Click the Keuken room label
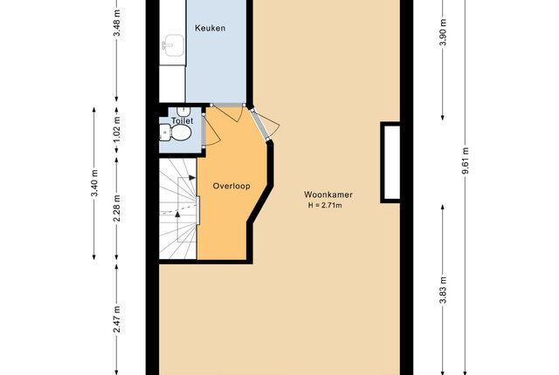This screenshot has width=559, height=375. [210, 28]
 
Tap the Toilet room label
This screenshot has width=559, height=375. [183, 120]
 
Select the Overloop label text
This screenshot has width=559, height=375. [231, 186]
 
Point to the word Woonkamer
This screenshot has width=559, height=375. [328, 194]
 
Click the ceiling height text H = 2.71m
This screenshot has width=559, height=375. [325, 205]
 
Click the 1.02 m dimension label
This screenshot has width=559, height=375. [116, 130]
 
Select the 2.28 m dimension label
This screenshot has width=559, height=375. [116, 208]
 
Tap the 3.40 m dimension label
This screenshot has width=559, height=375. [94, 183]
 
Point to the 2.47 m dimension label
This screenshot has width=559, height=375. [116, 319]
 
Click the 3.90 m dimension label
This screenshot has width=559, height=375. [443, 32]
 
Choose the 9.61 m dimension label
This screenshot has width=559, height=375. [466, 160]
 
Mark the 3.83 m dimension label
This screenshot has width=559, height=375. [443, 290]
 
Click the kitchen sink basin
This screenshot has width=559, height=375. [174, 45]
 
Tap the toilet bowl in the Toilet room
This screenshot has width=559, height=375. [181, 133]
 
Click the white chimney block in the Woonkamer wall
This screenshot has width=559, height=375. [391, 162]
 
